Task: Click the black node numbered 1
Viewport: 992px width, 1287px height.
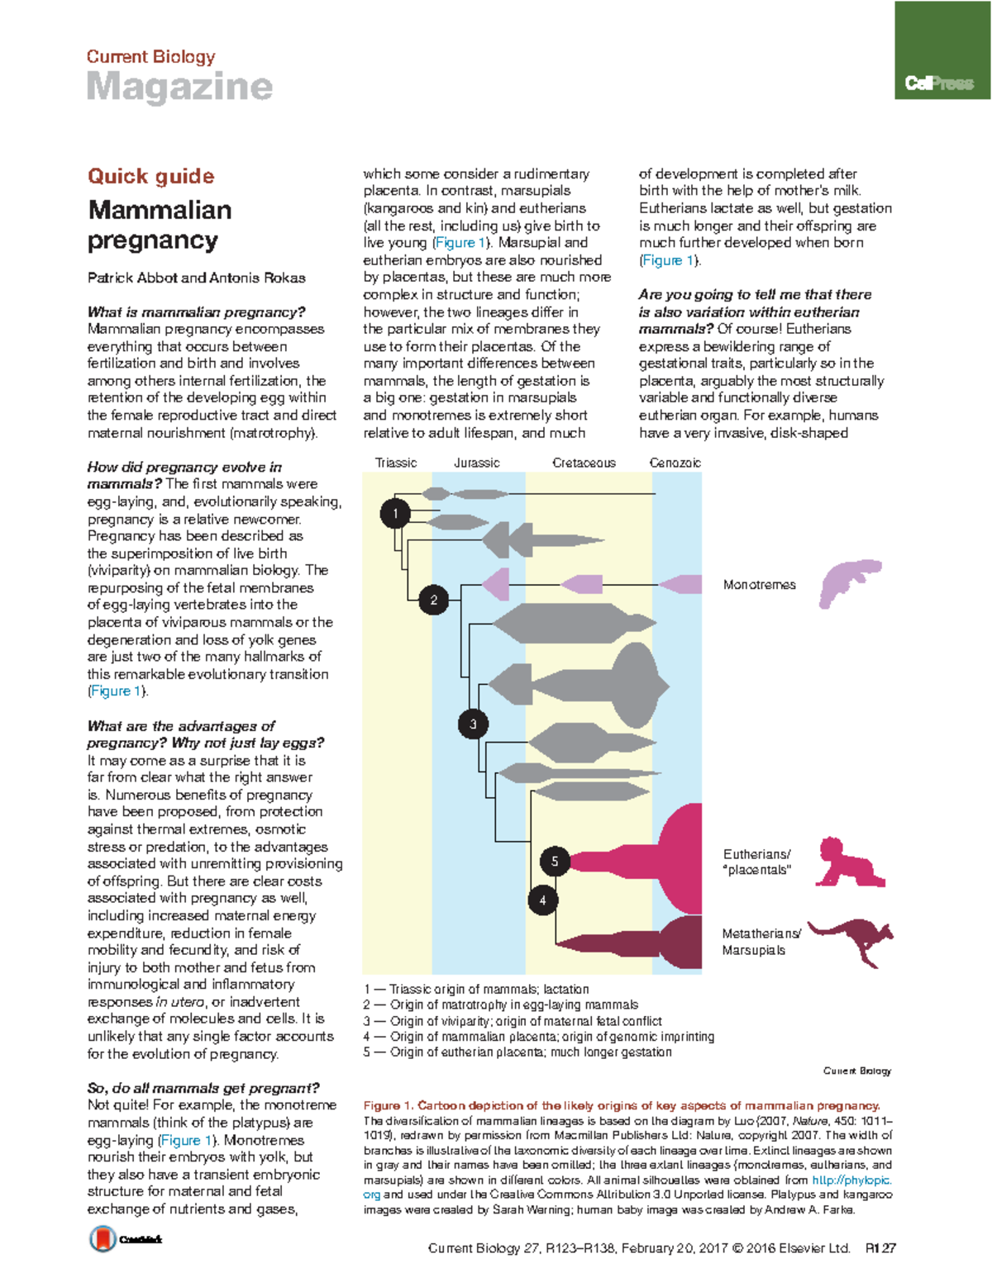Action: click(395, 514)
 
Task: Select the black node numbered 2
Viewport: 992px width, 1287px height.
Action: click(433, 600)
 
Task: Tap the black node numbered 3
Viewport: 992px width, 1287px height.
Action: click(473, 724)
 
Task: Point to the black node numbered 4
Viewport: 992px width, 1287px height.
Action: click(542, 900)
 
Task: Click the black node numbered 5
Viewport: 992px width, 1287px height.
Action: click(555, 862)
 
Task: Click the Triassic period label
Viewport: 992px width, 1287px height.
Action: click(396, 463)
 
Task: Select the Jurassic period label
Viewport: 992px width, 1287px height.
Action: click(477, 463)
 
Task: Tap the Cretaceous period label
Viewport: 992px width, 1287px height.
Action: click(584, 463)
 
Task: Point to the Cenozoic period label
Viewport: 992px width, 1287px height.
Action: click(675, 463)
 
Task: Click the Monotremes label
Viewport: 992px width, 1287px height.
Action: click(759, 585)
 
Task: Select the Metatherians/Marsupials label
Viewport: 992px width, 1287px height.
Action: click(761, 942)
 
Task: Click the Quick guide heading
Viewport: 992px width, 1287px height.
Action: click(151, 176)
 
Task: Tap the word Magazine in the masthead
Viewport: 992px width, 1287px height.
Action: click(179, 87)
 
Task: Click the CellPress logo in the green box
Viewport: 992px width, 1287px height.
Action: click(939, 83)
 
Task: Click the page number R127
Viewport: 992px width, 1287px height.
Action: click(880, 1248)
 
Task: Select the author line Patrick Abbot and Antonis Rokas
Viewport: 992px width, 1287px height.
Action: click(197, 278)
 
